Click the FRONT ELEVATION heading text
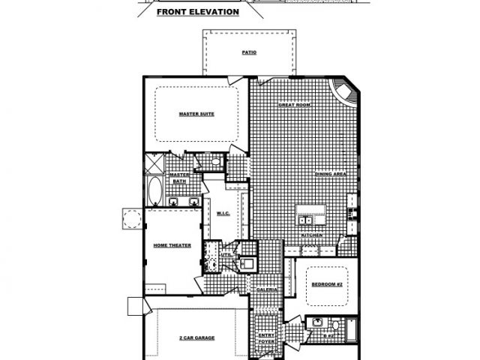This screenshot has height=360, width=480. (198, 13)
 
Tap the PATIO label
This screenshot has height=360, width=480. (249, 53)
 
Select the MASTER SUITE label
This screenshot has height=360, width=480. (197, 114)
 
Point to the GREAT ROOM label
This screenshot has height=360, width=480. (295, 105)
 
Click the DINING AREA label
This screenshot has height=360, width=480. (330, 173)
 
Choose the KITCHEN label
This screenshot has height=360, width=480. (312, 235)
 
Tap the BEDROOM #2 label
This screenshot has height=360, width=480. (326, 285)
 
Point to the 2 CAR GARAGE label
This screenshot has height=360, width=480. (196, 338)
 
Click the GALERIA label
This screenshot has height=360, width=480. (268, 289)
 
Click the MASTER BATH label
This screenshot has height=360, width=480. (178, 178)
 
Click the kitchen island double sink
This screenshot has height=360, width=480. (305, 220)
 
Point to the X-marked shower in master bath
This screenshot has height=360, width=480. (154, 163)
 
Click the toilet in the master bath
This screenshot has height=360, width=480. (214, 161)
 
